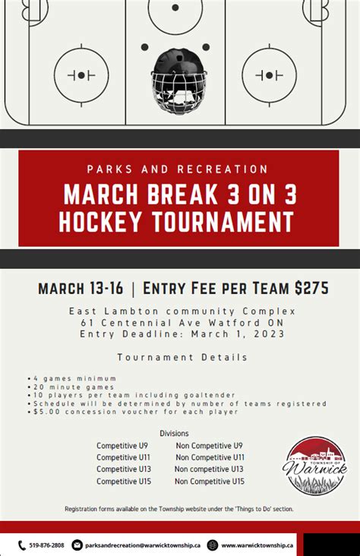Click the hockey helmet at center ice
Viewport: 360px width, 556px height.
(179, 82)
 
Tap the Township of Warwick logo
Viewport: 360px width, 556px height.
(315, 466)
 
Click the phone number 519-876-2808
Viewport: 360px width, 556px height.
(46, 545)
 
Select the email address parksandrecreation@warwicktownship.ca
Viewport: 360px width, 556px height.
(143, 545)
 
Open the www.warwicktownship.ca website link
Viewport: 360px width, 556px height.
(257, 545)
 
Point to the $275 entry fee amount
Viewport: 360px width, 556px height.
(311, 288)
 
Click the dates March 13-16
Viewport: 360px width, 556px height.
(81, 289)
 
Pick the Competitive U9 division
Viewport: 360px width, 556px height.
(122, 446)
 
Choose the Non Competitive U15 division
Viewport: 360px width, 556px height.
(210, 482)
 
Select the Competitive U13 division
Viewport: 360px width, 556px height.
(124, 469)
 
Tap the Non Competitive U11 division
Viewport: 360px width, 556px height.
(210, 457)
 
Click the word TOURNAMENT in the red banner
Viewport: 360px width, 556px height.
(223, 221)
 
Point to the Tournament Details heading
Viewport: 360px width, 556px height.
(182, 357)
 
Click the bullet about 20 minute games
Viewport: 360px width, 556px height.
(71, 387)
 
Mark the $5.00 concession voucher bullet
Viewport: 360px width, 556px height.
(133, 412)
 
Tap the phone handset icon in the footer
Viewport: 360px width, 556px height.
(22, 545)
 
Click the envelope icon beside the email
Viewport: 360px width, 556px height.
(77, 545)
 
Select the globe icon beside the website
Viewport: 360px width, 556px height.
(212, 545)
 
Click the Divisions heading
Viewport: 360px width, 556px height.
(174, 433)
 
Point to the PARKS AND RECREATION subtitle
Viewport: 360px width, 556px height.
(177, 169)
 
